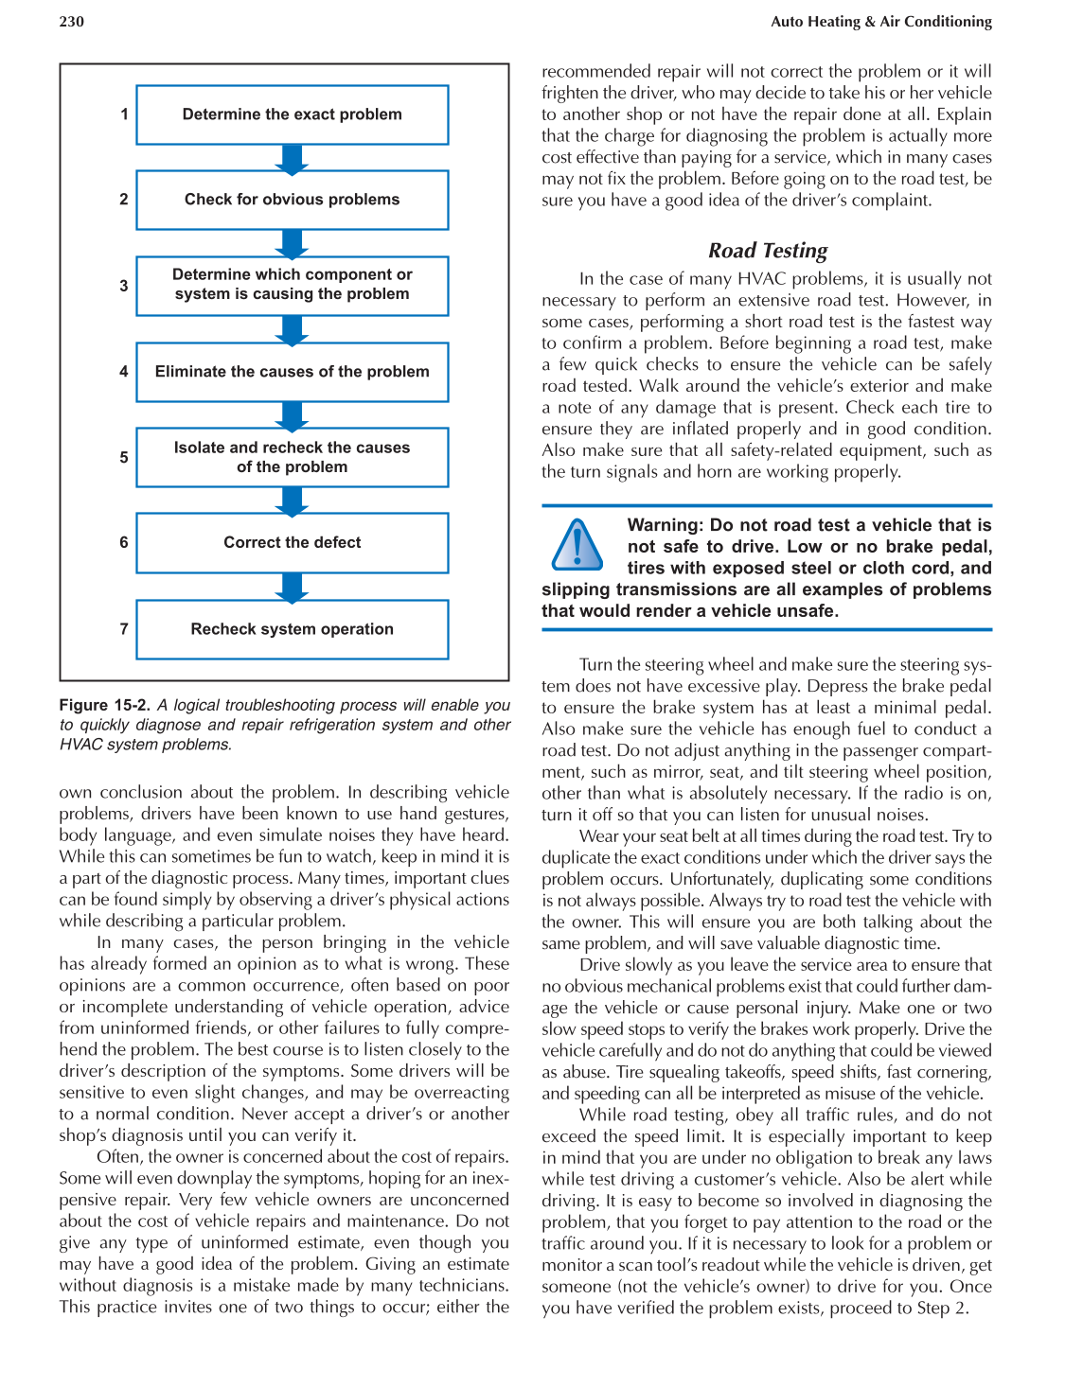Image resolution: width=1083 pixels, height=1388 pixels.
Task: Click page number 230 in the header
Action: pyautogui.click(x=71, y=22)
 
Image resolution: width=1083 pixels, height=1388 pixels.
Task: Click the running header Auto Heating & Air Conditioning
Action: pyautogui.click(x=880, y=22)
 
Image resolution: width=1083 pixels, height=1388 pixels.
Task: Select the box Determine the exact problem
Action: pyautogui.click(x=292, y=114)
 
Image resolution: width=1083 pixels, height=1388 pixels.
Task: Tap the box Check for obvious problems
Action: pyautogui.click(x=292, y=200)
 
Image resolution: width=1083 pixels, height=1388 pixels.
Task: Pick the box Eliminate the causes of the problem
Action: pyautogui.click(x=292, y=372)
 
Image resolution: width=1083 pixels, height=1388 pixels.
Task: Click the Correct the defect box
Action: pyautogui.click(x=292, y=543)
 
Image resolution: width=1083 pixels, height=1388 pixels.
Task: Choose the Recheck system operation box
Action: pyautogui.click(x=292, y=629)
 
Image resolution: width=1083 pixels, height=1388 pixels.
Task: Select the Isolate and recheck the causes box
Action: pyautogui.click(x=292, y=457)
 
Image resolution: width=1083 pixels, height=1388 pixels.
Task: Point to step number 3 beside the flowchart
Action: pyautogui.click(x=124, y=285)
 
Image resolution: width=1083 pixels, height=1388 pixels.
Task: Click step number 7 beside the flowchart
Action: pyautogui.click(x=124, y=628)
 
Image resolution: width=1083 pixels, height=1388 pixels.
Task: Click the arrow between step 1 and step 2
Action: pyautogui.click(x=292, y=158)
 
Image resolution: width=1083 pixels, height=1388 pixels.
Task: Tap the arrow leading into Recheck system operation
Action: pyautogui.click(x=292, y=587)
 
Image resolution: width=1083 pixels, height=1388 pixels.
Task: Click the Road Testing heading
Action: pyautogui.click(x=768, y=251)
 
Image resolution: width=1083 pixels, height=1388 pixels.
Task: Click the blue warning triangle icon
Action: pyautogui.click(x=577, y=546)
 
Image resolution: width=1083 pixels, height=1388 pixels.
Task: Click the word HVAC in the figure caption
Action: pyautogui.click(x=80, y=745)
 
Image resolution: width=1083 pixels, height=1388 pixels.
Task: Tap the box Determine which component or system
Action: pyautogui.click(x=292, y=285)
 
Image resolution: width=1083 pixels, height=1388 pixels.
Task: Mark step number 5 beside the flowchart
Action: pyautogui.click(x=124, y=457)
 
